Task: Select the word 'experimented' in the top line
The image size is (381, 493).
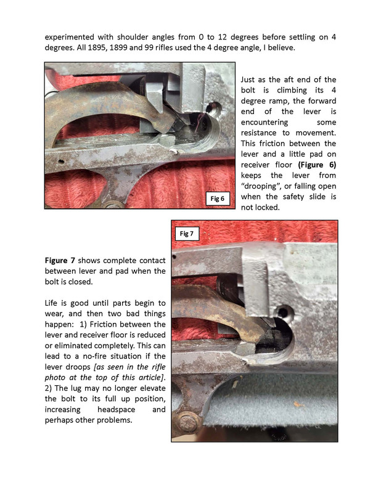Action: (73, 36)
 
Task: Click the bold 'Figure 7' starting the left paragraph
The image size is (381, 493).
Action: (63, 259)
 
